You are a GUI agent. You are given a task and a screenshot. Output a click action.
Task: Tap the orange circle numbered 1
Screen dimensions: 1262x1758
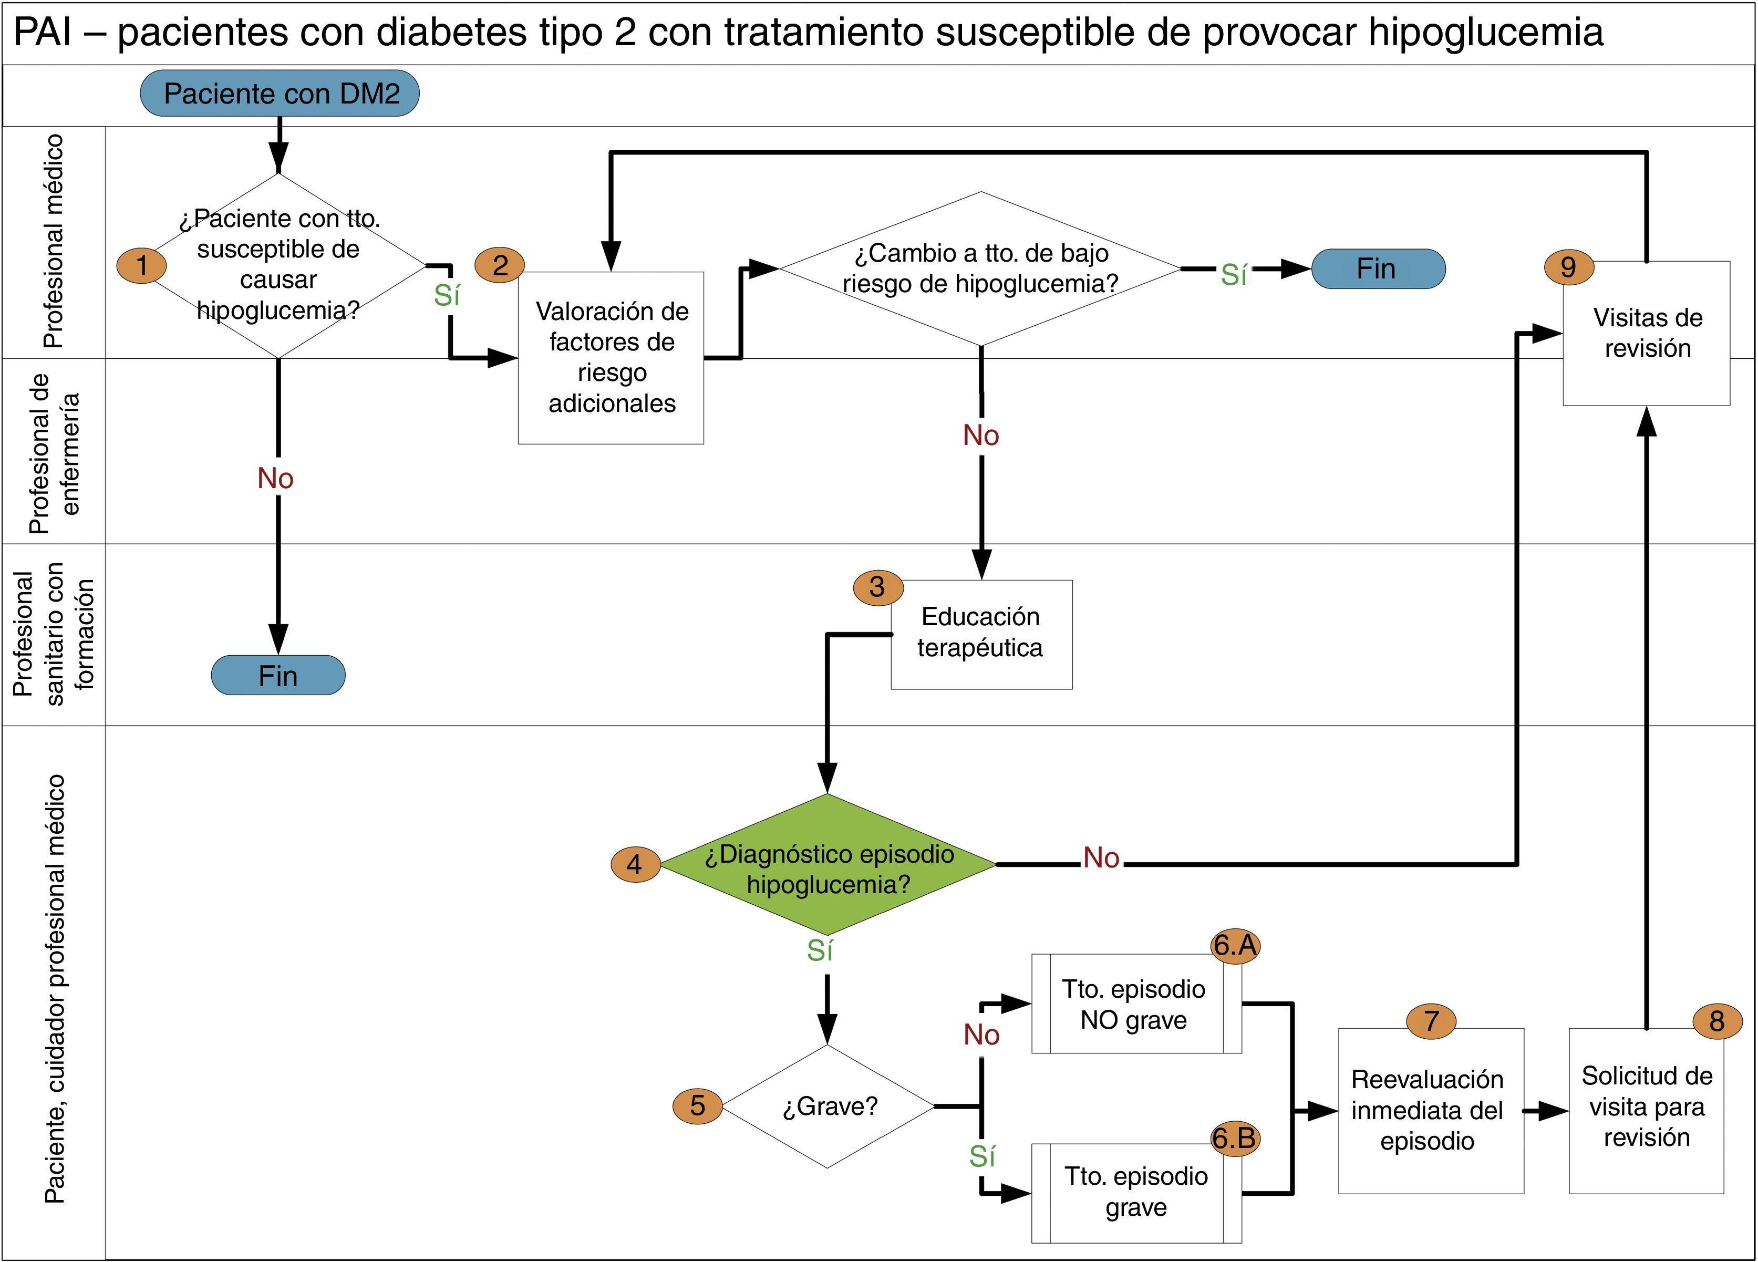click(141, 265)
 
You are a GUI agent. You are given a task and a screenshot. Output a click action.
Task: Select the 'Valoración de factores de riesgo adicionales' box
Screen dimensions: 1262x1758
click(611, 357)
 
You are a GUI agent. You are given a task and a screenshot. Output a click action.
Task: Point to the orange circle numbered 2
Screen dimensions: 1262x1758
click(500, 265)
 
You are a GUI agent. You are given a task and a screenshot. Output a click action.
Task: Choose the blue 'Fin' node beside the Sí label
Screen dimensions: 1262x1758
click(1378, 269)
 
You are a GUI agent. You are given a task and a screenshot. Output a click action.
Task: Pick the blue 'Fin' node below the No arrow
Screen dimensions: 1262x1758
click(277, 675)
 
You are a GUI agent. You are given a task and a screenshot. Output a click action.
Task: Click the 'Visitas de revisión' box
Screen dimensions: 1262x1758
click(1647, 333)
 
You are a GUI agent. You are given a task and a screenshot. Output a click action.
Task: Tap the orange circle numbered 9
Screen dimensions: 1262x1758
click(1568, 267)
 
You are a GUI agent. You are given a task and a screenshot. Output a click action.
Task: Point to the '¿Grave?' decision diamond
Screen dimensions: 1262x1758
click(828, 1106)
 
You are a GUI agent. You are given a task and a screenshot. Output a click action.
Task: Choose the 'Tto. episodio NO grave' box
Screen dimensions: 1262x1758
click(1135, 1004)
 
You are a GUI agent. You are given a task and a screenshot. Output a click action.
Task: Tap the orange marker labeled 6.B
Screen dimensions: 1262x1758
click(1234, 1138)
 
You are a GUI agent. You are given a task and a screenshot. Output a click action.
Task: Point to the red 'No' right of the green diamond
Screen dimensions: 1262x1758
click(1101, 857)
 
